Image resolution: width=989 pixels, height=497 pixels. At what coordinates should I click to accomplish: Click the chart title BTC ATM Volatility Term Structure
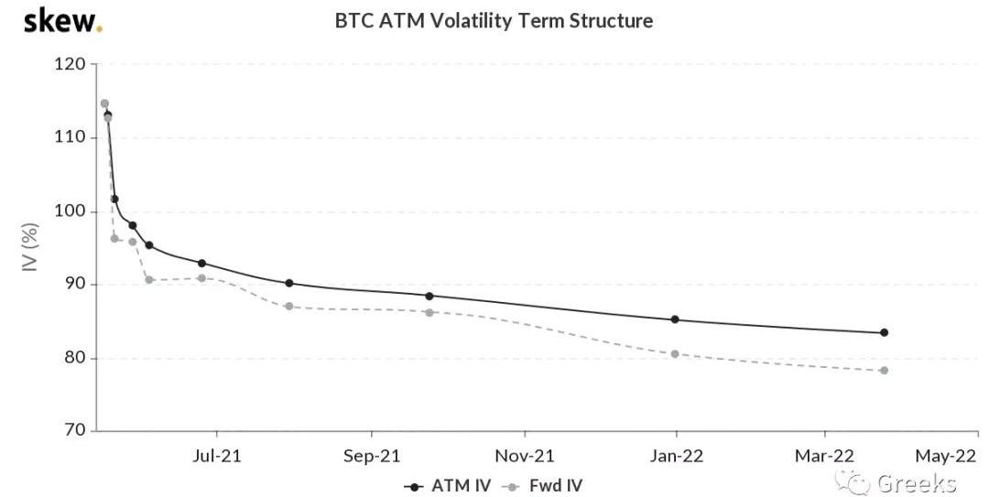[494, 20]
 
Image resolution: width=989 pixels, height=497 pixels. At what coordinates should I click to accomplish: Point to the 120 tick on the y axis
[75, 64]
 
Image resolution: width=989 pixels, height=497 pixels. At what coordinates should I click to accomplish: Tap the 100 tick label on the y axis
[75, 211]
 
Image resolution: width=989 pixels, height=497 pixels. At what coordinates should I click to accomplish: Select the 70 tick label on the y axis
[75, 430]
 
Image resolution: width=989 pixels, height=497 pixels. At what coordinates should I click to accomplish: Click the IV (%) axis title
[29, 247]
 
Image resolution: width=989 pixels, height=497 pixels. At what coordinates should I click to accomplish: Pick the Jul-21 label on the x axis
[217, 455]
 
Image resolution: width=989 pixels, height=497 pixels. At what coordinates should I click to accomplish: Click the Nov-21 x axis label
[525, 455]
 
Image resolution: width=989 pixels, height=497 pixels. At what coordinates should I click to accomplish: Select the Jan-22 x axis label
[676, 455]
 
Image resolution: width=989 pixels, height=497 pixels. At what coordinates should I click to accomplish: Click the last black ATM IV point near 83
[884, 332]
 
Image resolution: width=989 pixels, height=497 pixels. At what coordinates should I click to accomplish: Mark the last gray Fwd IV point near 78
[884, 371]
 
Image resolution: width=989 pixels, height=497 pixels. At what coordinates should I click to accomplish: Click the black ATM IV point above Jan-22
[675, 319]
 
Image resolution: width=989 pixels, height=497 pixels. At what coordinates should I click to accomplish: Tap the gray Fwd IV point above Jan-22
[675, 353]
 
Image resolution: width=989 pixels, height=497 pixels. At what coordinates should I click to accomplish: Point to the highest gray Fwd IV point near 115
[104, 103]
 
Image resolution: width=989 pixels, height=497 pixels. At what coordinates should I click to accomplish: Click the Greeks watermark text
[916, 483]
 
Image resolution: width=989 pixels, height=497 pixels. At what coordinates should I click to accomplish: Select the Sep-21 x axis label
[372, 455]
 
